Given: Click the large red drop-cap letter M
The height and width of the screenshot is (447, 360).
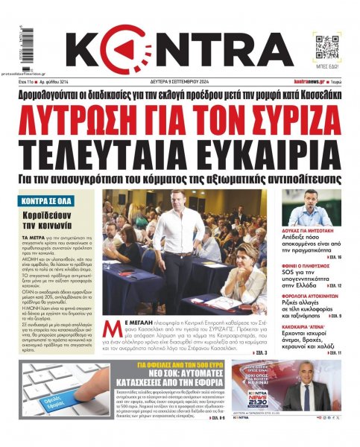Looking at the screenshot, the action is point(110,307).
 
